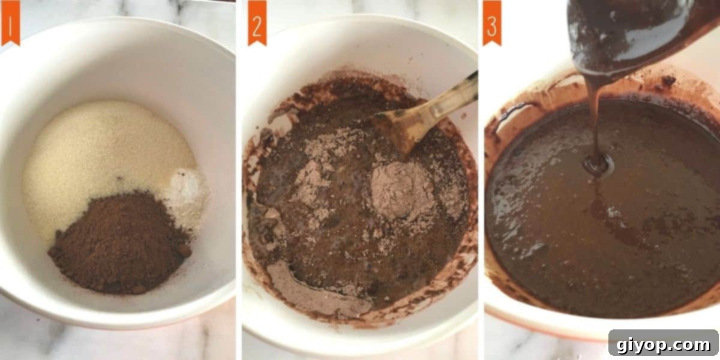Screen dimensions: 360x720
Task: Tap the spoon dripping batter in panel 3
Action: (624, 36)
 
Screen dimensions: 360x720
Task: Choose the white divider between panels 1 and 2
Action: (239, 180)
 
